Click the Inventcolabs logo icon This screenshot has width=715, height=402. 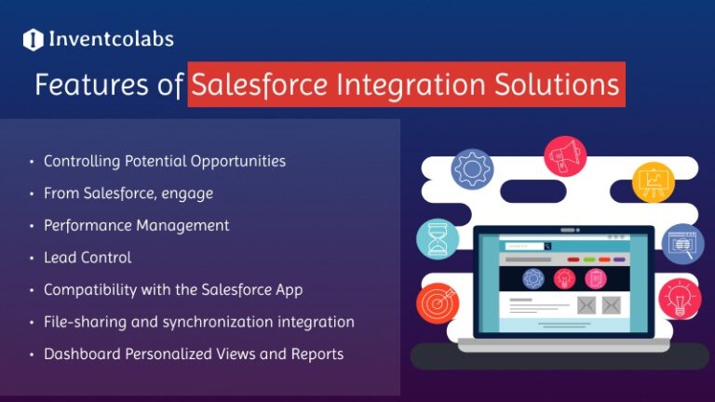click(34, 40)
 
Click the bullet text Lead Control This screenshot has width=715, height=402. click(88, 258)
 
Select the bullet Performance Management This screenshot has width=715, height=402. click(136, 225)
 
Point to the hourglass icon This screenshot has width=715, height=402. click(437, 238)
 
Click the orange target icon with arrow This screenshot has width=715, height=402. click(437, 303)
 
